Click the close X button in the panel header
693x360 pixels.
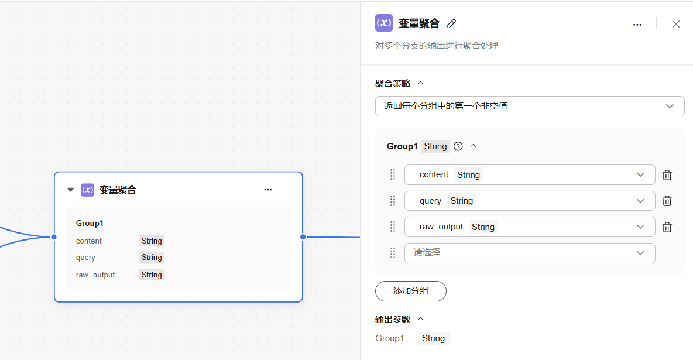coord(676,25)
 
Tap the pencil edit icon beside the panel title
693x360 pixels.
coord(451,24)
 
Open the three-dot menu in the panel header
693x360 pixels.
coord(637,25)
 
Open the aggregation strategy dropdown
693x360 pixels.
coord(530,106)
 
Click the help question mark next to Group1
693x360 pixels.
coord(458,146)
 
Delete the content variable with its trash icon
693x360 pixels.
coord(667,175)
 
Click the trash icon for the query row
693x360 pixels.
coord(667,201)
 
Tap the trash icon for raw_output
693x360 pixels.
coord(667,227)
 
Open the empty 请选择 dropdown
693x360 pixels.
coord(530,253)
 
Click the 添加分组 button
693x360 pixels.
coord(410,291)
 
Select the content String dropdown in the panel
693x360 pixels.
coord(530,174)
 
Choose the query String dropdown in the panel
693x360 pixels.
coord(530,201)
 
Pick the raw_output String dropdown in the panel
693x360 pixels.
coord(530,227)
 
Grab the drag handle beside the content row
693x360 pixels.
coord(393,174)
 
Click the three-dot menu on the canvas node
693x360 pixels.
coord(268,190)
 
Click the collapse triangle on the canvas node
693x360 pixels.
coord(70,190)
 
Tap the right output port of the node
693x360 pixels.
coord(303,237)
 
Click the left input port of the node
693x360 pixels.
coord(54,237)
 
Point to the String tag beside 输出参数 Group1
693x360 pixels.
coord(433,338)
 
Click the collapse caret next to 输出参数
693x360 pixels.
coord(421,319)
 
